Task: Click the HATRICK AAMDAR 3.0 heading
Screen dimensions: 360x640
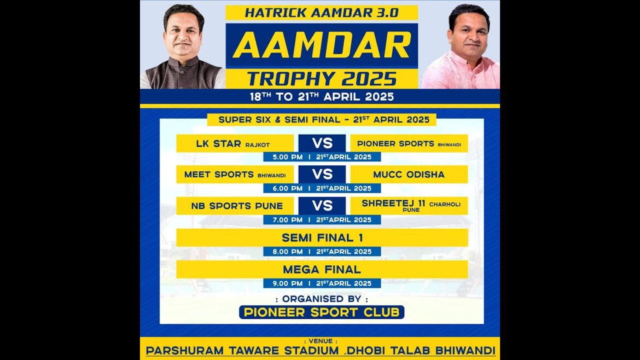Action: [x=322, y=12]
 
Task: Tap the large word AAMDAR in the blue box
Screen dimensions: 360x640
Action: [x=322, y=45]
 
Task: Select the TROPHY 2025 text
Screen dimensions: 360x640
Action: [x=322, y=78]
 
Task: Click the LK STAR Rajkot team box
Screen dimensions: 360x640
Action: [x=235, y=143]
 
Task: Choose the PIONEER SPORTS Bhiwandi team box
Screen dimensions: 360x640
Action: [x=409, y=143]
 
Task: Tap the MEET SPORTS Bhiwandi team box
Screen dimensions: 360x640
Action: [x=235, y=175]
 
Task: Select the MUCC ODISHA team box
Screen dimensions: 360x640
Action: [x=409, y=175]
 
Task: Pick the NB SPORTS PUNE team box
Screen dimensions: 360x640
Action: [x=235, y=206]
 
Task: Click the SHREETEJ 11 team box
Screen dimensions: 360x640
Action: [x=409, y=206]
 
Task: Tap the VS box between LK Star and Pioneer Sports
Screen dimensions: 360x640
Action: [x=322, y=143]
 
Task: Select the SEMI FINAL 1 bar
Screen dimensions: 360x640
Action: [x=322, y=237]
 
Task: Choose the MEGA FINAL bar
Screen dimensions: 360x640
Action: [x=322, y=269]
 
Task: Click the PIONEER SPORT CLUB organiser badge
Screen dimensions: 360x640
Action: [x=322, y=312]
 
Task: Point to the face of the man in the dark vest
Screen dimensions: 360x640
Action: [x=183, y=35]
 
